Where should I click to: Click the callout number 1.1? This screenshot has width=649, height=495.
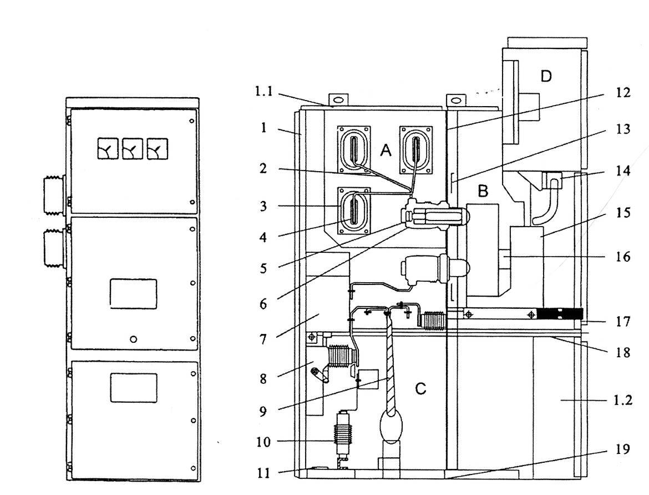tap(264, 91)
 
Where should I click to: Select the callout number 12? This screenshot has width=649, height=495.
tap(623, 92)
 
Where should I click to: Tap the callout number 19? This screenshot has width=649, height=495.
tap(623, 449)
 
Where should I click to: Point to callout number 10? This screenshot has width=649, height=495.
tap(263, 442)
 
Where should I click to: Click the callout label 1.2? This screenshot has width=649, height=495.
tap(622, 401)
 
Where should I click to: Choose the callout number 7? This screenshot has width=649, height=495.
tap(263, 339)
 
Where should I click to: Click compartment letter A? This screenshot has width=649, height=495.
tap(386, 150)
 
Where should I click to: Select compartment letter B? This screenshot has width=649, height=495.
tap(483, 191)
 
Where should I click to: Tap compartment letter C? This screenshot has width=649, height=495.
tap(420, 389)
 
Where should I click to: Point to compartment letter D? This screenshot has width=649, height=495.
tap(546, 76)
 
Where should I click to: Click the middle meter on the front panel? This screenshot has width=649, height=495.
tap(133, 149)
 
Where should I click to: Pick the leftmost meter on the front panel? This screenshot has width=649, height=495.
tap(108, 149)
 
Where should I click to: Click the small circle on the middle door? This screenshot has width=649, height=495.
tap(133, 339)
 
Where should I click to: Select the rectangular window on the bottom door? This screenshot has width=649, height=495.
tap(134, 388)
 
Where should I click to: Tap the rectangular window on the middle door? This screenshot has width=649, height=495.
tap(133, 293)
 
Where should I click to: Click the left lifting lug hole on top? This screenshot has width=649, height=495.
tap(338, 100)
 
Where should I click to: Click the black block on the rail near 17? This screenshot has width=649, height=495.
tap(560, 314)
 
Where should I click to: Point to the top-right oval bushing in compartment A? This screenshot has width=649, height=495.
tap(415, 150)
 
